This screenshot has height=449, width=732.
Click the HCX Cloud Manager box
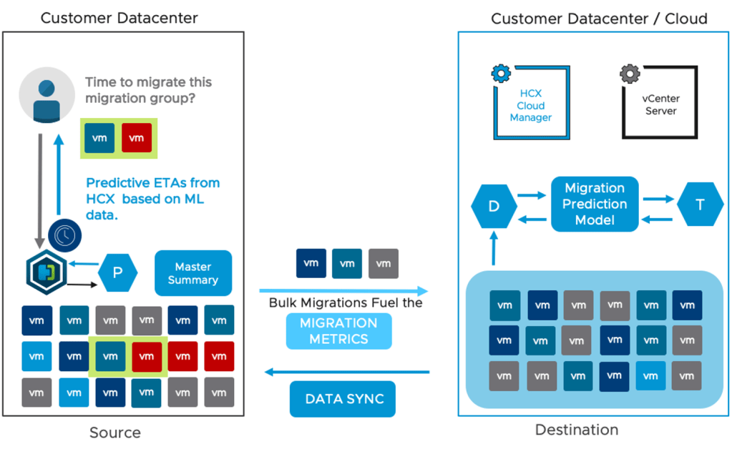pos(531,104)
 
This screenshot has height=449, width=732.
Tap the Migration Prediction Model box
pos(595,204)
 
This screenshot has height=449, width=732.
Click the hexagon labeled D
pos(494,204)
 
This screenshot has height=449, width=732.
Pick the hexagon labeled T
pos(699,204)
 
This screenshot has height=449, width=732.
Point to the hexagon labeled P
pos(118,273)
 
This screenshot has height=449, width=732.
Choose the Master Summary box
pos(193,273)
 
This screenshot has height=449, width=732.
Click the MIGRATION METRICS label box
pos(338,330)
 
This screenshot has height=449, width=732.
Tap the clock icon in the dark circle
pos(65,235)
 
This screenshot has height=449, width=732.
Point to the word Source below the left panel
pos(115,433)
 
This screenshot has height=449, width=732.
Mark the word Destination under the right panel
pos(577,430)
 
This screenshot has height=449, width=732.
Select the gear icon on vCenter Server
pos(629,72)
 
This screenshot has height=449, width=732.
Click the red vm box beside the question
pos(137,138)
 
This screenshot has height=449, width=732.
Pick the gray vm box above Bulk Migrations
pos(384,263)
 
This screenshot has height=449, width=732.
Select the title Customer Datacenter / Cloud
pos(598,18)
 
